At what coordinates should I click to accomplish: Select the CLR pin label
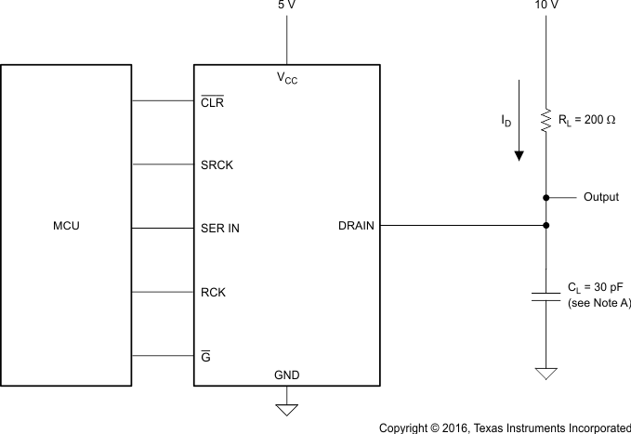(212, 102)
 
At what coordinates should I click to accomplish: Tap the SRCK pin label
(217, 164)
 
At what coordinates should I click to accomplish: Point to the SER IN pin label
(221, 226)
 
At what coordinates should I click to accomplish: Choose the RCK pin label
(213, 292)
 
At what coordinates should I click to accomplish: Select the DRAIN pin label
(357, 226)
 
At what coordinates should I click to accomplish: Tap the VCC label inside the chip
(287, 79)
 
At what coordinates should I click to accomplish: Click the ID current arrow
(519, 121)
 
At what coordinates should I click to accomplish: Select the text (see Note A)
(598, 304)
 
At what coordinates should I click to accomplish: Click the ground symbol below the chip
(286, 407)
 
